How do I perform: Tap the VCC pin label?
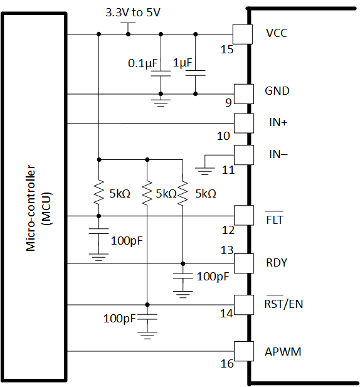(x=277, y=33)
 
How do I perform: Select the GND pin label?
(x=278, y=91)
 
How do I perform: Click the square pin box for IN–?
(x=241, y=154)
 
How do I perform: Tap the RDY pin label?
(x=277, y=262)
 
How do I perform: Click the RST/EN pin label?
(x=284, y=304)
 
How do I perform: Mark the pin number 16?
(x=227, y=364)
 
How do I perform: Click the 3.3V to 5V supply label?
(x=132, y=13)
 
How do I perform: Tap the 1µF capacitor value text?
(x=184, y=63)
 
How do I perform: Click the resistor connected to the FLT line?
(x=98, y=193)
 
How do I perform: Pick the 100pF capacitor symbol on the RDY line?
(x=183, y=277)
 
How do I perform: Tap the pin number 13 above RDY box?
(x=226, y=249)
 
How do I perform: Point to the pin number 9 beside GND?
(x=229, y=102)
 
